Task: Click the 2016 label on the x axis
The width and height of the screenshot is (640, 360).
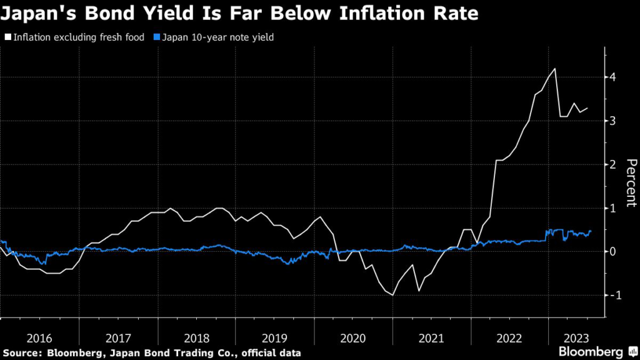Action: pos(40,338)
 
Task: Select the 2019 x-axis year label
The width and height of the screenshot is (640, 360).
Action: pos(275,338)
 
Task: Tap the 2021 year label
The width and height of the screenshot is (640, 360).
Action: pos(432,338)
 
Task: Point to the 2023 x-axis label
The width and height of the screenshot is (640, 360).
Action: pos(574,338)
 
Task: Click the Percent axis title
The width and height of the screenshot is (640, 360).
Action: pos(631,182)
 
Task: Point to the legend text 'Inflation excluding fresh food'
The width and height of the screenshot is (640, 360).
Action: pos(77,37)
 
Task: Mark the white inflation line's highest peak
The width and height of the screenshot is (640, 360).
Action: pos(555,69)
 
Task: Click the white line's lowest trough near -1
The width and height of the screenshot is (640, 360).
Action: pos(392,294)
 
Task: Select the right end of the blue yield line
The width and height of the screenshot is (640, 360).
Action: pos(591,231)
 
